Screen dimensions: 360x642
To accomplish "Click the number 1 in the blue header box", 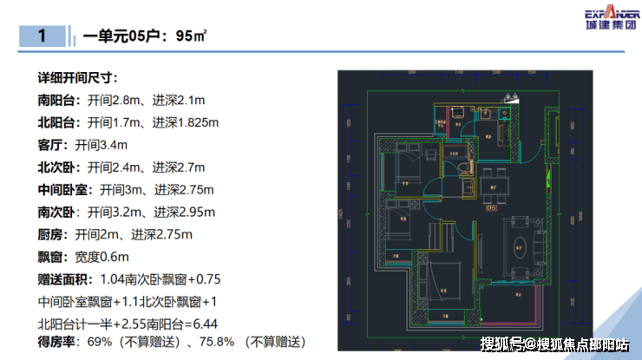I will point(42,36).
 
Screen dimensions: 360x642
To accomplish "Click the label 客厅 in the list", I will point(50,144).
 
